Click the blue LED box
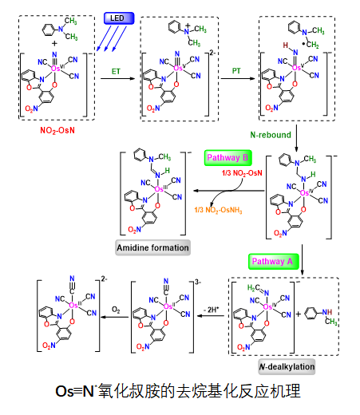[x=119, y=18]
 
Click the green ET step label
[x=116, y=71]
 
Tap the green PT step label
[x=236, y=71]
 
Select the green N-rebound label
[x=271, y=135]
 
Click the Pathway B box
[x=227, y=158]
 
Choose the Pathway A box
[x=273, y=262]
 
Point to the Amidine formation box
[x=152, y=247]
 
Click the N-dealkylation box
[x=287, y=366]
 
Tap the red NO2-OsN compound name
[x=57, y=130]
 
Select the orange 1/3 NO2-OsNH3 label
[x=218, y=210]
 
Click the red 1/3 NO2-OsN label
[x=242, y=173]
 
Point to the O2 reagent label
[x=116, y=310]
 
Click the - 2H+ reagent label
[x=211, y=310]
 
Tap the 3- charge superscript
[x=198, y=282]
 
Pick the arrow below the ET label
[x=118, y=78]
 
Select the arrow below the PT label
[x=238, y=78]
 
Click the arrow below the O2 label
[x=115, y=317]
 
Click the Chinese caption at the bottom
[x=178, y=391]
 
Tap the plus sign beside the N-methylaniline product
[x=299, y=314]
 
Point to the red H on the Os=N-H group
[x=285, y=45]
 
